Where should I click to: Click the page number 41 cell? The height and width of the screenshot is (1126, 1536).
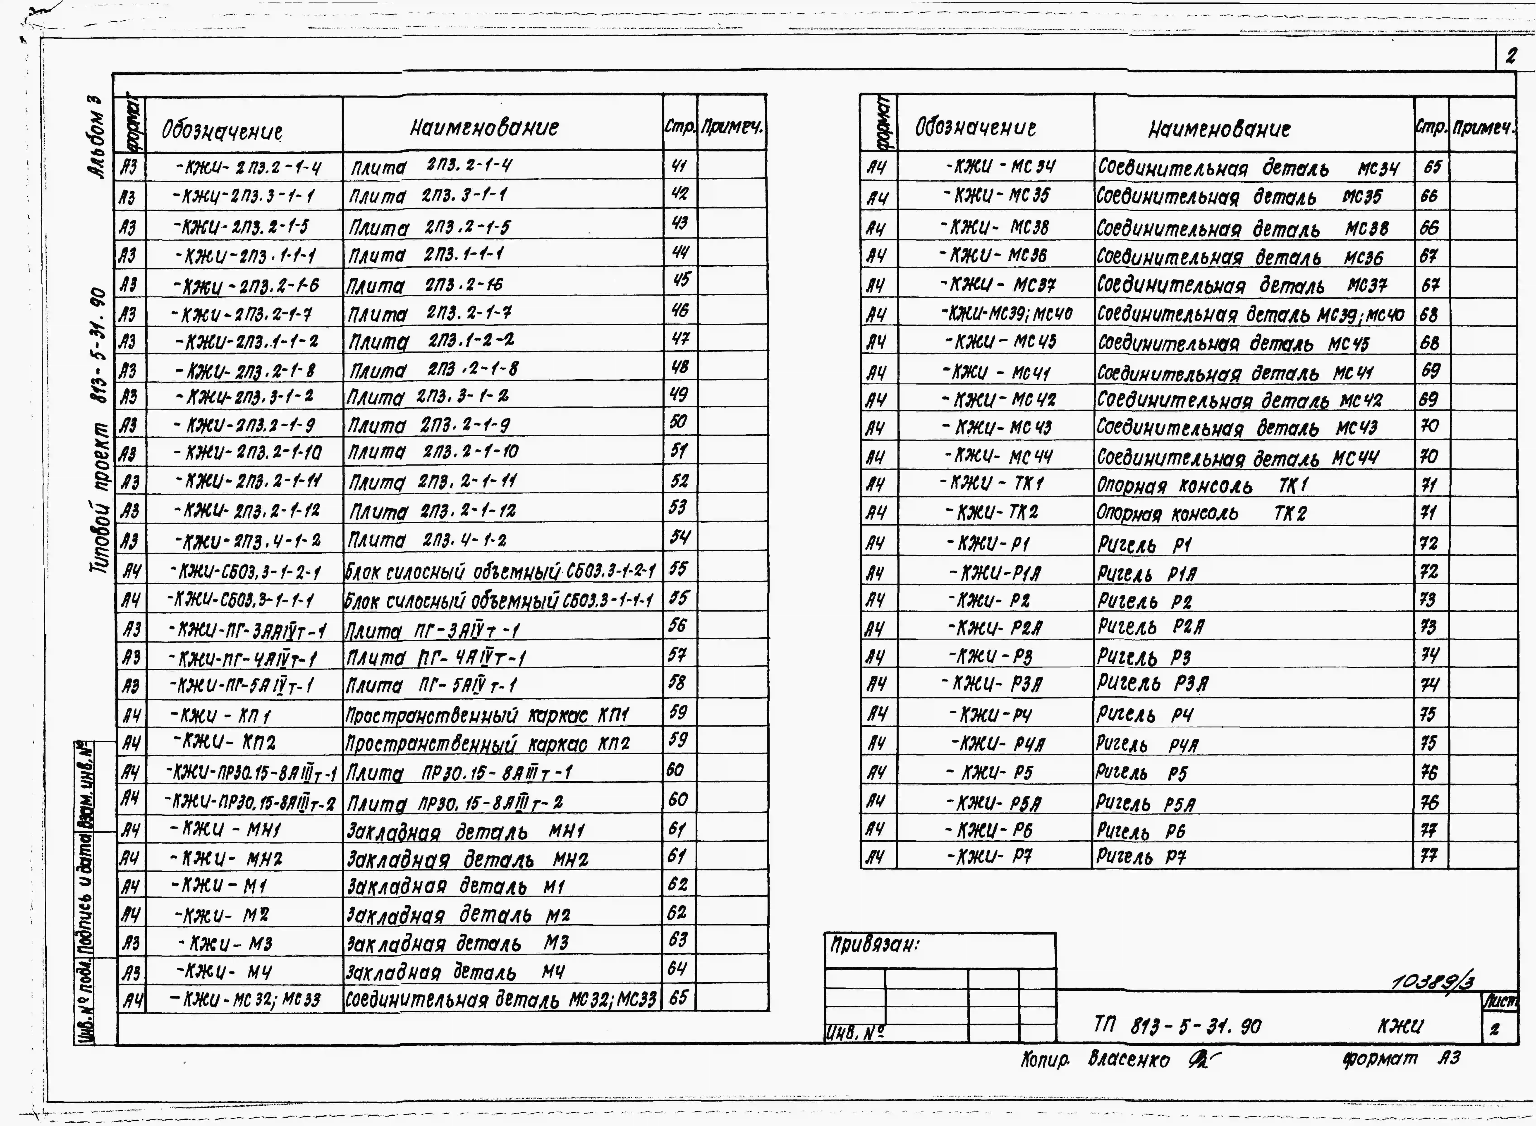click(x=679, y=166)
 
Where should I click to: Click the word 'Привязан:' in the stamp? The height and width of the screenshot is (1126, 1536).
click(x=874, y=945)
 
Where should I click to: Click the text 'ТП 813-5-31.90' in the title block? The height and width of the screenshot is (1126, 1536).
click(x=1177, y=1026)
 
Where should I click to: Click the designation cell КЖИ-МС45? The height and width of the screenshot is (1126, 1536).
click(x=1000, y=342)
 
